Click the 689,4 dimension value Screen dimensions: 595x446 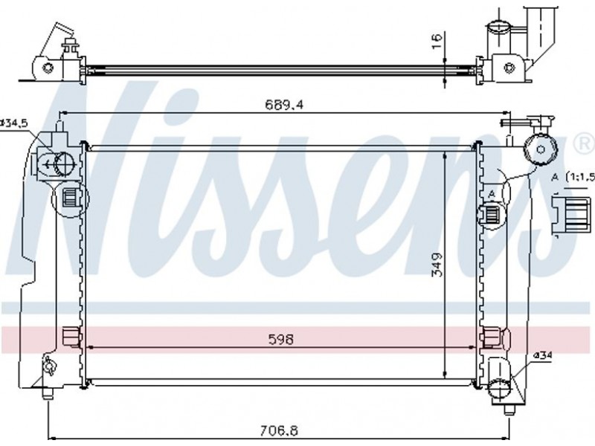pos(284,104)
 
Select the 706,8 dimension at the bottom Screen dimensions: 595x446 pos(279,430)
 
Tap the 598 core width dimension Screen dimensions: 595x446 pos(281,339)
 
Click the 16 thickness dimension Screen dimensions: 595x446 pos(437,41)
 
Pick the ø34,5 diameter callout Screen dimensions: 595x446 pos(13,123)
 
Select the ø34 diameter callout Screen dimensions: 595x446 pos(543,356)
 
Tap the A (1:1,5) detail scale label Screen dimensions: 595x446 pos(573,177)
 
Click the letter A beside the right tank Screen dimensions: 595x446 pos(492,194)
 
